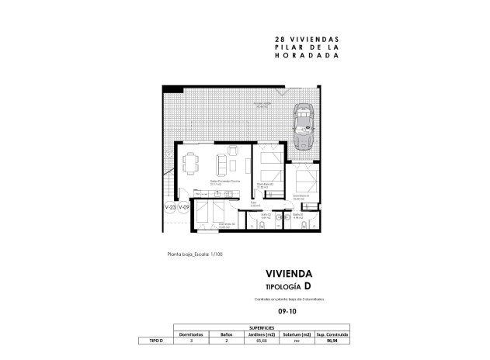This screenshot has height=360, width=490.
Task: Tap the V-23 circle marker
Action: (x=169, y=208)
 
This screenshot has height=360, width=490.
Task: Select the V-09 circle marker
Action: (x=184, y=208)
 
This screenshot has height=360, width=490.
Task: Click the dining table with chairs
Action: (x=191, y=163)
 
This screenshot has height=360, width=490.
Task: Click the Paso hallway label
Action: (x=253, y=203)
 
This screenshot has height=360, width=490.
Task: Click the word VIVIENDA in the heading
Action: (x=289, y=274)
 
